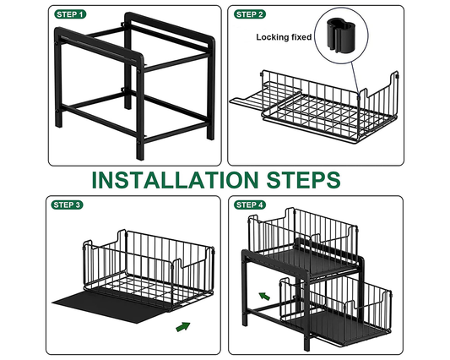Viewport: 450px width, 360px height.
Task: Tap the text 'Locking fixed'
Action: coord(285,37)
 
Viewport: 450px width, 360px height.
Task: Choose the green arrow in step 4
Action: coord(263,296)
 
